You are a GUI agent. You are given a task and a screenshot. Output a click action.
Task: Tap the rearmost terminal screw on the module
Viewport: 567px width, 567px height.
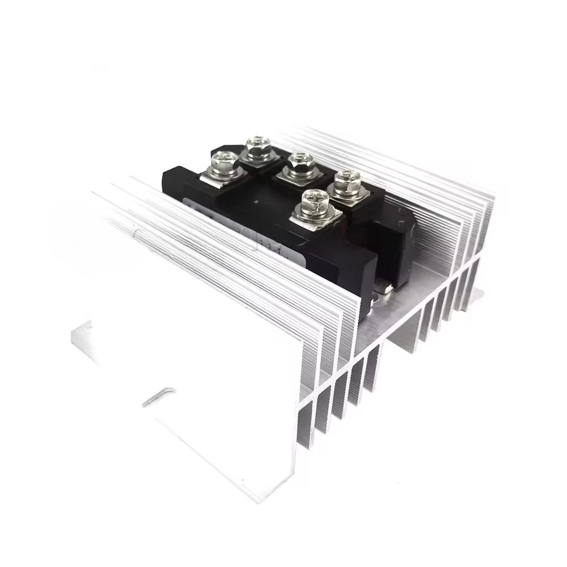click(x=259, y=147)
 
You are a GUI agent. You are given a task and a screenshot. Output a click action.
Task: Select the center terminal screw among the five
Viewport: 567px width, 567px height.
click(x=296, y=163)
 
